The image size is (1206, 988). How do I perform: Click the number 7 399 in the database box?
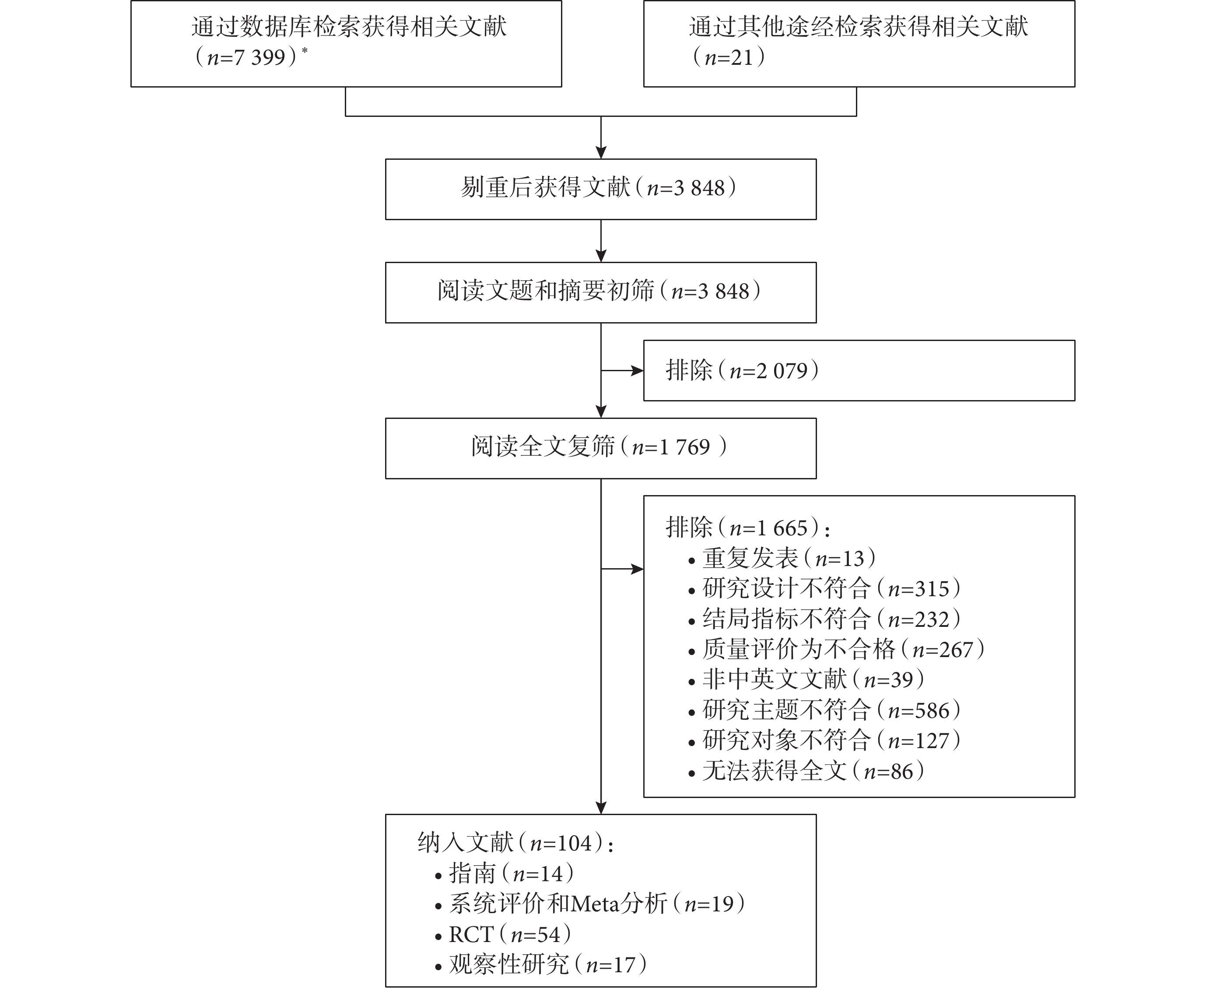pos(260,57)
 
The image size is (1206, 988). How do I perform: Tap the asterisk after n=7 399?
pos(305,51)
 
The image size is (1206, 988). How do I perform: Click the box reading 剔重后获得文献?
pos(601,190)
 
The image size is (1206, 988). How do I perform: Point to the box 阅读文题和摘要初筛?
pos(601,292)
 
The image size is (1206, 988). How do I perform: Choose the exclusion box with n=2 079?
pos(859,370)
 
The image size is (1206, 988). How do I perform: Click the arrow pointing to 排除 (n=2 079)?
pos(622,370)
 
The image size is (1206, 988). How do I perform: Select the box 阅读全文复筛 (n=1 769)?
pos(601,448)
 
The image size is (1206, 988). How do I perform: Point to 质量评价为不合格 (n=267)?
pos(836,649)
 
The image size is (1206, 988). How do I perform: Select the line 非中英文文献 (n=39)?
pos(806,679)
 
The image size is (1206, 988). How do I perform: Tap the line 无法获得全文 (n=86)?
pos(806,771)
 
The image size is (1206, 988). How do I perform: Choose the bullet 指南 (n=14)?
pos(505,874)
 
